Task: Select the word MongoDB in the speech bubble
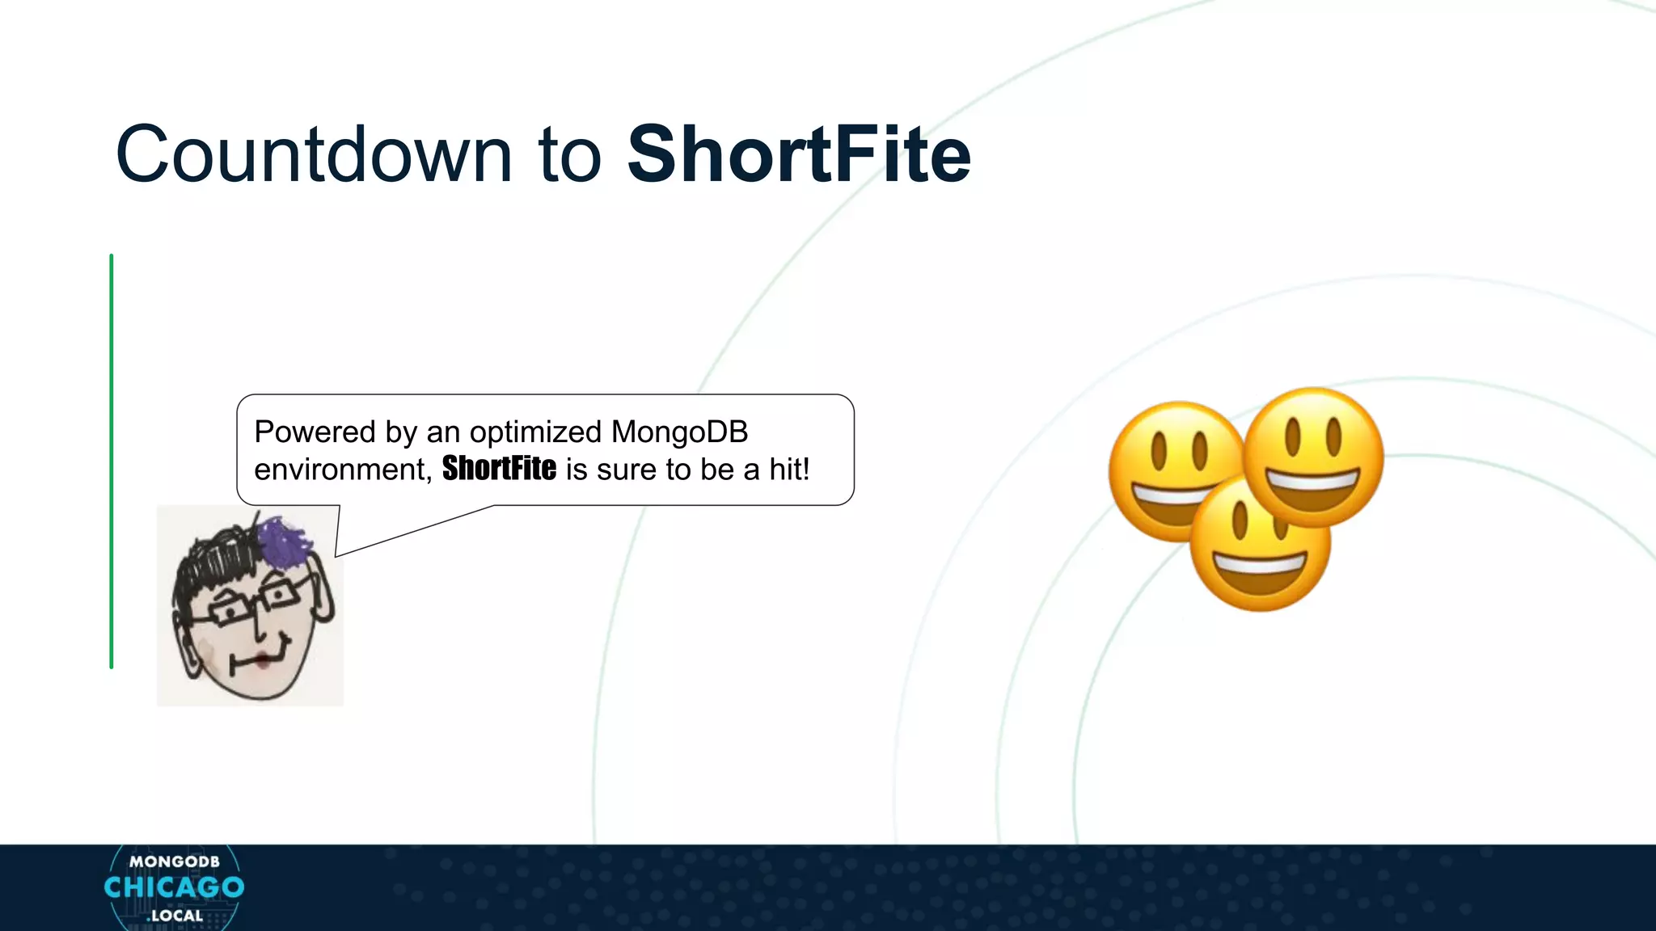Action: (x=679, y=432)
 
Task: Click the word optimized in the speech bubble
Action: (x=535, y=432)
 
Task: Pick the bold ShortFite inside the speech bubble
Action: (x=499, y=469)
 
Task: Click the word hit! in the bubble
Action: (x=789, y=470)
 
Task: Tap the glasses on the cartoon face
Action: (x=251, y=602)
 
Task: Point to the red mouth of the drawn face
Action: (x=263, y=661)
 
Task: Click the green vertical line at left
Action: (x=112, y=461)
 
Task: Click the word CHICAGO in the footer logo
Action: (x=174, y=887)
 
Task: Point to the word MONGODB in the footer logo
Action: (x=174, y=861)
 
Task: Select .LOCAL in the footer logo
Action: (x=175, y=916)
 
